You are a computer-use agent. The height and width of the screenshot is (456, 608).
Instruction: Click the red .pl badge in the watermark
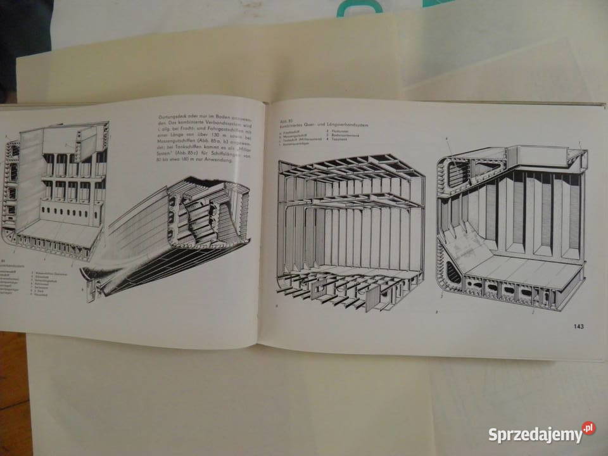point(588,429)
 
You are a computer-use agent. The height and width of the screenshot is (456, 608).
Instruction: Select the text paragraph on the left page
point(196,139)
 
